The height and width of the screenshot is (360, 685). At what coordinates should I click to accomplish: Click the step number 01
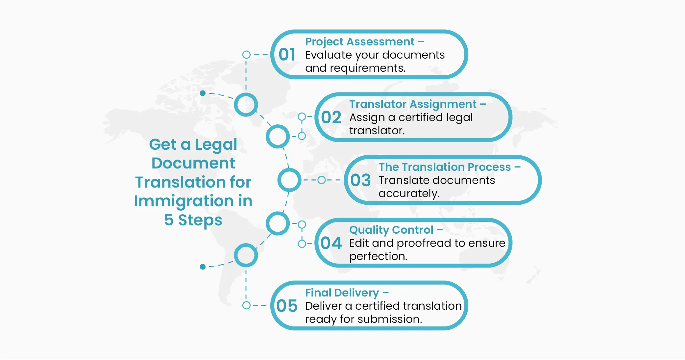pyautogui.click(x=287, y=55)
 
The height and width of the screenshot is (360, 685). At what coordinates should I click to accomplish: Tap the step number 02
pyautogui.click(x=331, y=117)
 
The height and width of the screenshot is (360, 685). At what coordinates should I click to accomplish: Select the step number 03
pyautogui.click(x=360, y=180)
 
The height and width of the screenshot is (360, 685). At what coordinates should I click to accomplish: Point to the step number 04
pyautogui.click(x=331, y=243)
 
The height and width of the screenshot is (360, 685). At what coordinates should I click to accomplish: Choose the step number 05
pyautogui.click(x=287, y=306)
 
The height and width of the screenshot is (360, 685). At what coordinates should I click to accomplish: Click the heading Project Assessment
pyautogui.click(x=360, y=42)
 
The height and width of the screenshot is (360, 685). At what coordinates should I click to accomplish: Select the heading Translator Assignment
pyautogui.click(x=413, y=104)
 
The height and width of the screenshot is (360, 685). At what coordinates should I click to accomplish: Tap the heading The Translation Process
pyautogui.click(x=445, y=167)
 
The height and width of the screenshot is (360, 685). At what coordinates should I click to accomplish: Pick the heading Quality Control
pyautogui.click(x=391, y=230)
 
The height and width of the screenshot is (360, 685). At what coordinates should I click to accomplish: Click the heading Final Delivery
pyautogui.click(x=342, y=293)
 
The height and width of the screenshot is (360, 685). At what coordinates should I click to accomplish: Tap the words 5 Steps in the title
pyautogui.click(x=193, y=220)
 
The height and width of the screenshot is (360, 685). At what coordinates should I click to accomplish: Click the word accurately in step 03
pyautogui.click(x=409, y=193)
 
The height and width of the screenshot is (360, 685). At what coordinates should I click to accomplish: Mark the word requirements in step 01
pyautogui.click(x=367, y=68)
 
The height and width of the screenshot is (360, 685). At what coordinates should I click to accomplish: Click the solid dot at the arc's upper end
pyautogui.click(x=203, y=93)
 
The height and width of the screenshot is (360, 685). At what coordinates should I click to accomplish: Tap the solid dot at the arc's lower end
pyautogui.click(x=203, y=267)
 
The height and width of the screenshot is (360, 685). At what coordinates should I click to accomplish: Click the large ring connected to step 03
pyautogui.click(x=289, y=180)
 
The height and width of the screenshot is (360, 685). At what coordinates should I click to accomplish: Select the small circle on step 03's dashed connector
pyautogui.click(x=322, y=180)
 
